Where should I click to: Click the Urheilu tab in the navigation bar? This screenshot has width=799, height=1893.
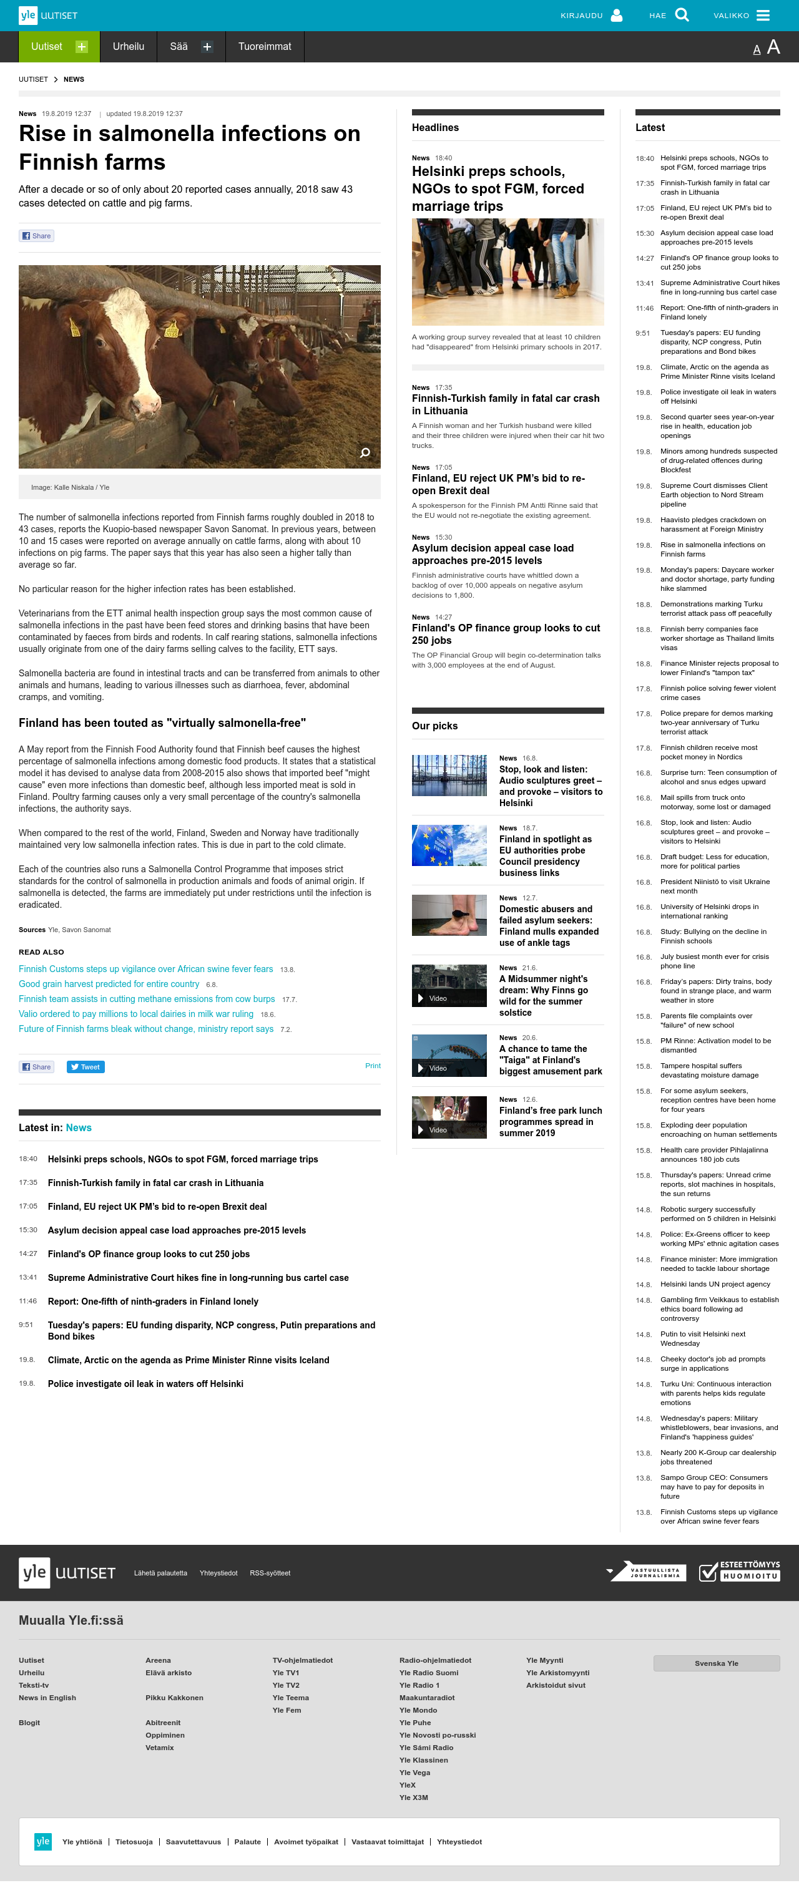pyautogui.click(x=129, y=46)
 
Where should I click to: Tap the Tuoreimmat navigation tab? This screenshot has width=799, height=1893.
pyautogui.click(x=265, y=46)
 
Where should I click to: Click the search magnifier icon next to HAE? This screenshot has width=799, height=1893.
pyautogui.click(x=682, y=16)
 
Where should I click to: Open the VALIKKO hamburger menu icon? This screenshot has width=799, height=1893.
pyautogui.click(x=763, y=16)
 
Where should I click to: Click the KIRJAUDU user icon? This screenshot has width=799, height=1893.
pyautogui.click(x=617, y=16)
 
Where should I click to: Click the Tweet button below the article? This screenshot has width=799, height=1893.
pyautogui.click(x=86, y=1067)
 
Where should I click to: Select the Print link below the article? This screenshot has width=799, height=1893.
pyautogui.click(x=373, y=1066)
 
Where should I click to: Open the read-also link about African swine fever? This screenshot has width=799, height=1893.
pyautogui.click(x=145, y=970)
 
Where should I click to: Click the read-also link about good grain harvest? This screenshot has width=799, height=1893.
pyautogui.click(x=109, y=984)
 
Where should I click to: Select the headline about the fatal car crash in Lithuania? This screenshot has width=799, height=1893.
pyautogui.click(x=506, y=404)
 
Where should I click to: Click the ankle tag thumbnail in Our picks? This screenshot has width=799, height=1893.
pyautogui.click(x=449, y=915)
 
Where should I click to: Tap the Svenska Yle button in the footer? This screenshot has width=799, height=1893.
pyautogui.click(x=716, y=1663)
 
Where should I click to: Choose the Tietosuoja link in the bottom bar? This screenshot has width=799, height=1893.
pyautogui.click(x=134, y=1842)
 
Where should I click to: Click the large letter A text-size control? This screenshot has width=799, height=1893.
pyautogui.click(x=773, y=47)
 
